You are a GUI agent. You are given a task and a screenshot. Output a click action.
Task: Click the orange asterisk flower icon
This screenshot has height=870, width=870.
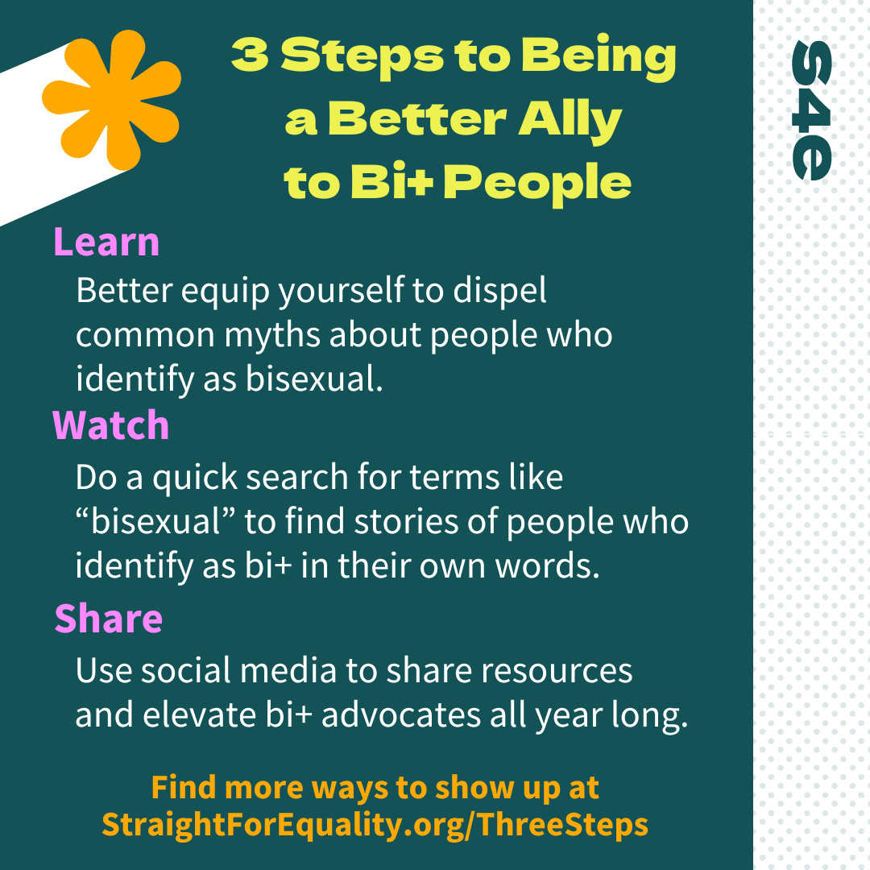(111, 100)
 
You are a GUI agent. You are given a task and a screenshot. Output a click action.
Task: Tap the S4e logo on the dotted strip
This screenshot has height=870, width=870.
(811, 110)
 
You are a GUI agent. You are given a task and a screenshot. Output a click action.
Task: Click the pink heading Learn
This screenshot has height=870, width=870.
(106, 242)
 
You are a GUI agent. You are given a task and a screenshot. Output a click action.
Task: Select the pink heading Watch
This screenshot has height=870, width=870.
(111, 425)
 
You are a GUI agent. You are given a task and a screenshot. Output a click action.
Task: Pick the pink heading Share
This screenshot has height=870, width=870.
(109, 618)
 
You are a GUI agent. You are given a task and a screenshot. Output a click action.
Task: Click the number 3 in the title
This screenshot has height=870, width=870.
(251, 56)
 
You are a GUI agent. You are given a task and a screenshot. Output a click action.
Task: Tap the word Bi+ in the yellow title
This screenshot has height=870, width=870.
(391, 181)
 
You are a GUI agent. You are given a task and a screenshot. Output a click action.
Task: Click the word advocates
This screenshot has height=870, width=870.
(400, 715)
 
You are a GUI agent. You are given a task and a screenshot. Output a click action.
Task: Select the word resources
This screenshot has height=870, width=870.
(557, 671)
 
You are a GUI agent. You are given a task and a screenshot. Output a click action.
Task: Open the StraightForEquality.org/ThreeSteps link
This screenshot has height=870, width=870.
(375, 825)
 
